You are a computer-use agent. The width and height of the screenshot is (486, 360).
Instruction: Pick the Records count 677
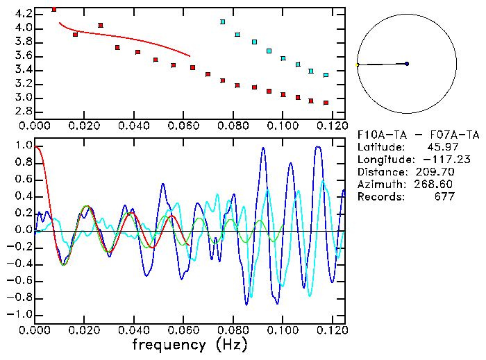(x=442, y=196)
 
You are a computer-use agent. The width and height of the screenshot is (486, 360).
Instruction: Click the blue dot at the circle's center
(x=407, y=64)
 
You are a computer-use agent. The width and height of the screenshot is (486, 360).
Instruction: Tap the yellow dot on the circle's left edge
(x=358, y=65)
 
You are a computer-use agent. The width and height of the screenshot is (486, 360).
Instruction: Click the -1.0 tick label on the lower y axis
(x=19, y=314)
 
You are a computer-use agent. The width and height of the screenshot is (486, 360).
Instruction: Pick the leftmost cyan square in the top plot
(x=222, y=22)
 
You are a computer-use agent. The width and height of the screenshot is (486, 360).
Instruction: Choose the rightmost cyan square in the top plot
(x=326, y=75)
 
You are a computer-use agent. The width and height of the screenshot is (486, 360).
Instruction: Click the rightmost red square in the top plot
(x=326, y=103)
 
